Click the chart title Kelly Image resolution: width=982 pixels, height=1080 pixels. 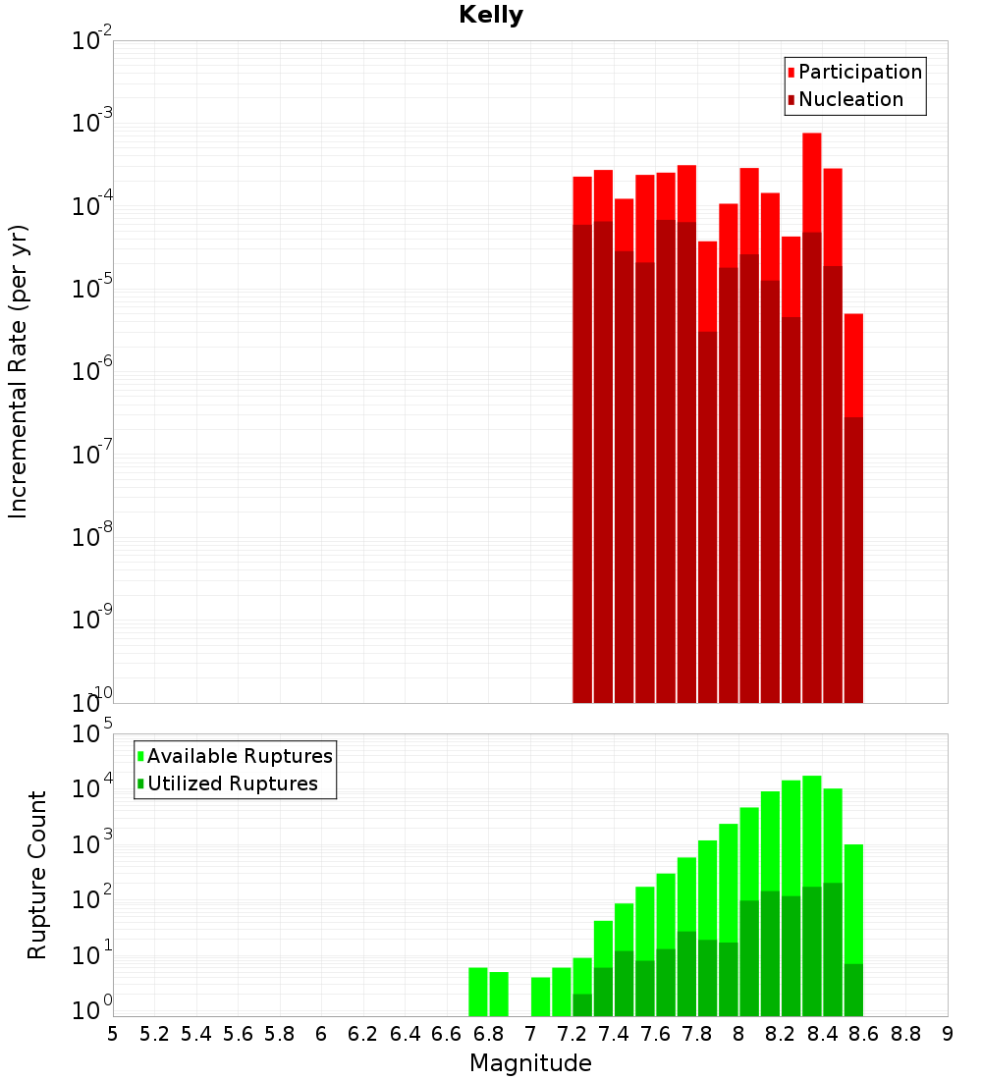click(x=491, y=16)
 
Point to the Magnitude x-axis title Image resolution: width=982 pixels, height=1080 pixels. click(x=530, y=1063)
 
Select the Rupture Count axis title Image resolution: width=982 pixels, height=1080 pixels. click(x=37, y=874)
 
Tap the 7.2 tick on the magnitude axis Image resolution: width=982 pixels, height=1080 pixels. click(x=572, y=1034)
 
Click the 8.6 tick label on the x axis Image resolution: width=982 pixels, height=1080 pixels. click(x=864, y=1034)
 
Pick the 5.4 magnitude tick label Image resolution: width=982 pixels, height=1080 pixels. click(x=196, y=1034)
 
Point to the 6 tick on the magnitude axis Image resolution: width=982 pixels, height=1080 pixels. click(x=321, y=1034)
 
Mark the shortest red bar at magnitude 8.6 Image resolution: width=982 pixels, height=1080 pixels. click(x=853, y=363)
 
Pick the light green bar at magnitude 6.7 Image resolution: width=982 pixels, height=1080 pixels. click(x=478, y=992)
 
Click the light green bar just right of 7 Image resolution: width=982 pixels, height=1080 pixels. click(x=541, y=997)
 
